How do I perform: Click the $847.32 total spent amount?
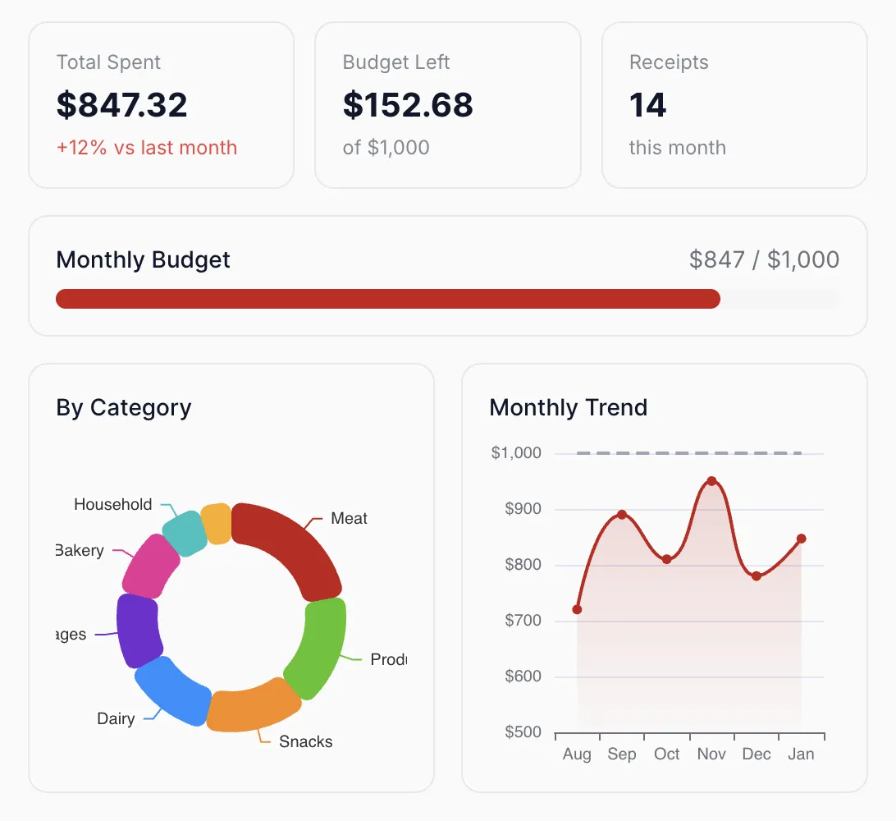121,105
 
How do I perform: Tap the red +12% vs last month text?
146,148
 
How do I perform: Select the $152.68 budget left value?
408,105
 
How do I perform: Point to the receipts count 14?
647,105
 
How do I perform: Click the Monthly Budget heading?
143,260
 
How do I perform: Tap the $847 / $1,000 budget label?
764,260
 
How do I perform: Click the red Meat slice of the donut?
291,546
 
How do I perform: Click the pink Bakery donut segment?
151,565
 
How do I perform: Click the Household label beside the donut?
113,505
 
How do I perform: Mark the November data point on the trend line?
711,481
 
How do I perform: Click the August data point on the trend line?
577,609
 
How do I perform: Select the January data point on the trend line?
801,539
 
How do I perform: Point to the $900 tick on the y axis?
523,509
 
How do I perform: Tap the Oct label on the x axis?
666,754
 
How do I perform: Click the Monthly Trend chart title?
568,407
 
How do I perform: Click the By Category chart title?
123,407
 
